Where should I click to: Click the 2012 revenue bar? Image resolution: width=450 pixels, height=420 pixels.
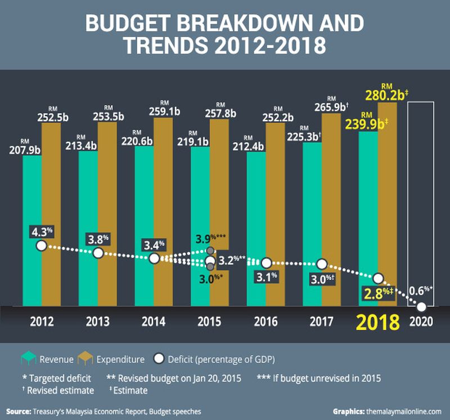click(32, 225)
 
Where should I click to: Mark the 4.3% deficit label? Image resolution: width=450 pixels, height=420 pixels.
click(42, 231)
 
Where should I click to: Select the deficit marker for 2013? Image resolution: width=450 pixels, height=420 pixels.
click(98, 253)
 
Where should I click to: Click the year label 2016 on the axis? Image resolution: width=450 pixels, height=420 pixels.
click(266, 323)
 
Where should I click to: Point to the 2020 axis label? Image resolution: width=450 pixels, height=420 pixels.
click(421, 323)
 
